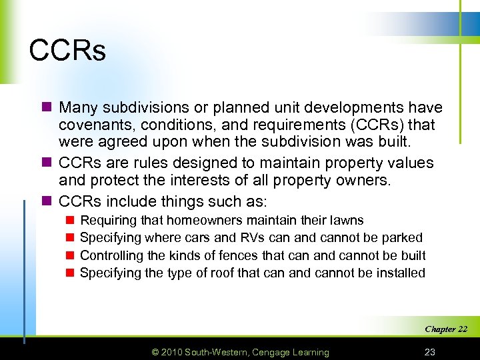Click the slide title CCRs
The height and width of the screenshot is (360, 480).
pos(67,51)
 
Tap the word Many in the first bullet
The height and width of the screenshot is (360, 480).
pos(78,107)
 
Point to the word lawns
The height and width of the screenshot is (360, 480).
pos(345,220)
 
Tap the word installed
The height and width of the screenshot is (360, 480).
pos(399,273)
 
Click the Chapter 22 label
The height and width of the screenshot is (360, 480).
pos(446,329)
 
